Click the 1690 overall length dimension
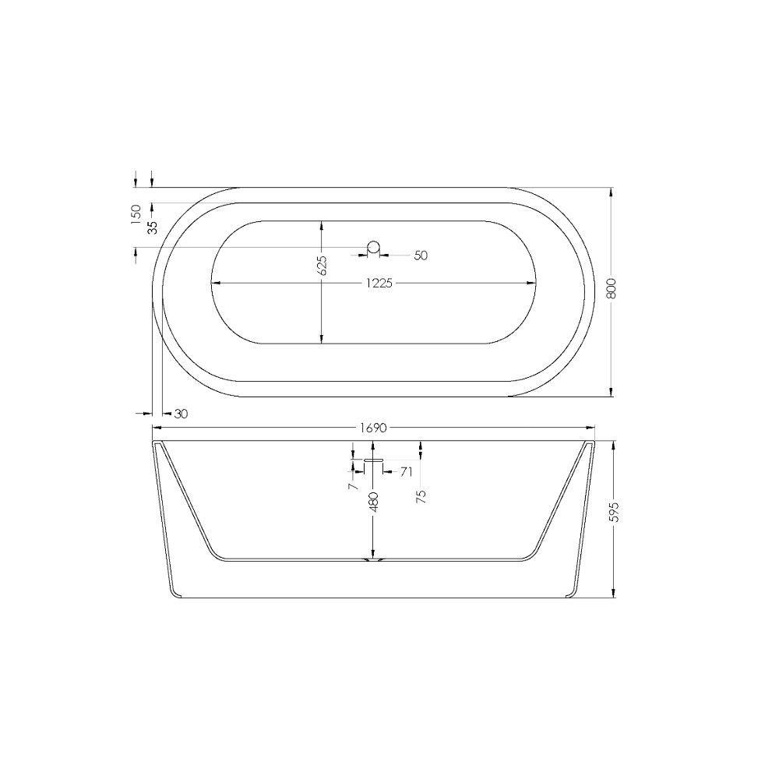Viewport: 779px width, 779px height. pyautogui.click(x=373, y=428)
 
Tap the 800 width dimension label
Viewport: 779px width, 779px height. pyautogui.click(x=612, y=289)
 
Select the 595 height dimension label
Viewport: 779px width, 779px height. pyautogui.click(x=615, y=512)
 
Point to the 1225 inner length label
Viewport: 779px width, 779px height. pyautogui.click(x=379, y=284)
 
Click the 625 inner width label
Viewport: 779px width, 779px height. pyautogui.click(x=322, y=266)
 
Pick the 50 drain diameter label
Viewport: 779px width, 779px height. pyautogui.click(x=421, y=256)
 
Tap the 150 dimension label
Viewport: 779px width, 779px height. pyautogui.click(x=136, y=215)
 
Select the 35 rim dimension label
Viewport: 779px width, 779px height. pyautogui.click(x=153, y=227)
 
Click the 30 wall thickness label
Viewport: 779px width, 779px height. pyautogui.click(x=182, y=414)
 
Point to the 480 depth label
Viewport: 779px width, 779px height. pyautogui.click(x=374, y=502)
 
